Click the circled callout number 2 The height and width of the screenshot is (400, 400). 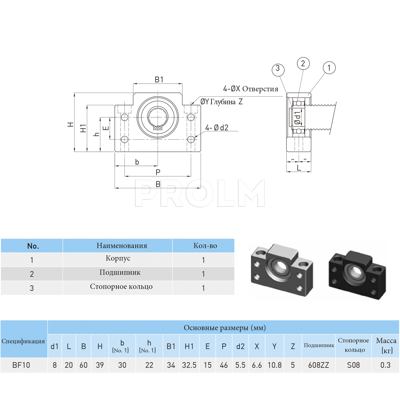click(x=303, y=64)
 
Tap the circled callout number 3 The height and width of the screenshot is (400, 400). click(x=278, y=69)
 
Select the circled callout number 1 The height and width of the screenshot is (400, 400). click(x=329, y=68)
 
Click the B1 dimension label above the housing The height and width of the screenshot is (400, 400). click(x=159, y=79)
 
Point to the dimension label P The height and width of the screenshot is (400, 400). click(x=158, y=172)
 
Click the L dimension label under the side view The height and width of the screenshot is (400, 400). click(x=299, y=168)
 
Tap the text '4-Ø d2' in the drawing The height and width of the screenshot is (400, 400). click(x=217, y=128)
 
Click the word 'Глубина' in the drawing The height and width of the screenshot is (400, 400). click(x=223, y=102)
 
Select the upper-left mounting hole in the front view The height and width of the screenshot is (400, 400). click(x=125, y=117)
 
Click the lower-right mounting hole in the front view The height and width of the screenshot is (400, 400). click(x=191, y=139)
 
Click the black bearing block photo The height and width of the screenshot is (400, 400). click(x=357, y=275)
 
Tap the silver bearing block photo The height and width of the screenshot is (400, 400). click(x=282, y=269)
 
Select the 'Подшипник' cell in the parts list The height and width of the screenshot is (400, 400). click(x=120, y=273)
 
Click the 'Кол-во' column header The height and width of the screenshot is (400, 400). click(x=205, y=246)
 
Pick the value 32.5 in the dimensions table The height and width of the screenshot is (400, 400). click(x=189, y=365)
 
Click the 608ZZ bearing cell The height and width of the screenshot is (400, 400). click(x=319, y=365)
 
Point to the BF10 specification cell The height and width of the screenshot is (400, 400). click(x=21, y=365)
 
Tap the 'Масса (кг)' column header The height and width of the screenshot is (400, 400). click(x=386, y=345)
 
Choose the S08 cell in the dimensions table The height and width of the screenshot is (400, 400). click(x=353, y=365)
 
